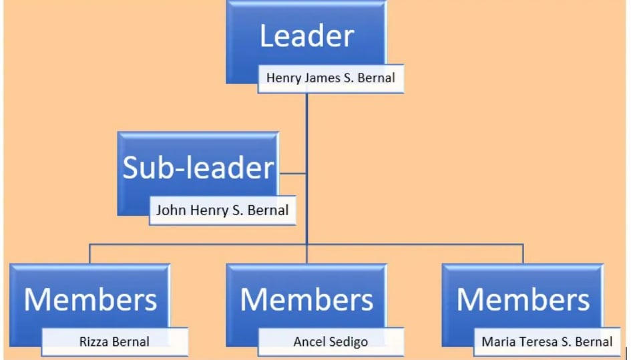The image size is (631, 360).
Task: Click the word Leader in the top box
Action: [x=306, y=36]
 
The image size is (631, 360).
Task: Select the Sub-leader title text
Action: [x=198, y=168]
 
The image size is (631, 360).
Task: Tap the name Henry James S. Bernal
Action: [x=331, y=77]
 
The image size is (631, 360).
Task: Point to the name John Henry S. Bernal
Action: [x=222, y=210]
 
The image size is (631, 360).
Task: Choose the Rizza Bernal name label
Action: [x=114, y=342]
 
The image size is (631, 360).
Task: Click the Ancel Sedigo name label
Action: [x=331, y=342]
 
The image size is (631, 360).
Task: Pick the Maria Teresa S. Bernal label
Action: [x=547, y=342]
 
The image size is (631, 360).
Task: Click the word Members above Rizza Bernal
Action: [x=90, y=300]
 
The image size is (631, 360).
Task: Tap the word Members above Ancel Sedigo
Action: [x=306, y=300]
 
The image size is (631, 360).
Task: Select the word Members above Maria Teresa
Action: [x=523, y=300]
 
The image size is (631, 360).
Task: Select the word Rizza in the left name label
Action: [x=95, y=342]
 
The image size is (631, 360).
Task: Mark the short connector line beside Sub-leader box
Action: [x=292, y=174]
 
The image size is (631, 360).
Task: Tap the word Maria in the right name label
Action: [x=497, y=342]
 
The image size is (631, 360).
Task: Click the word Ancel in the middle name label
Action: [x=309, y=342]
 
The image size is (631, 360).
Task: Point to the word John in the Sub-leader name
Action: [x=170, y=210]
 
